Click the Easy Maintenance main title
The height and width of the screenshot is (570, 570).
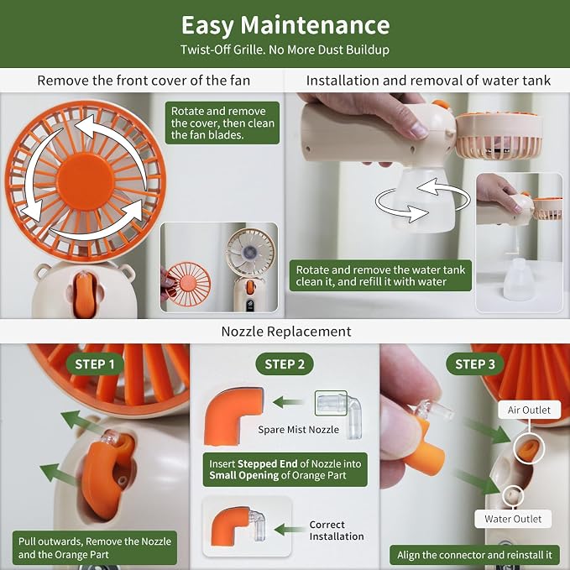[x=285, y=25]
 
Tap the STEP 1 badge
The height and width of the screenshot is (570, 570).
[x=95, y=363]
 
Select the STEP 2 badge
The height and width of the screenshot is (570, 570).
[x=285, y=363]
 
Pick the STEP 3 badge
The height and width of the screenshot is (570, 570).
[x=475, y=363]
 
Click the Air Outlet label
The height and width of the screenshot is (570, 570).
[x=529, y=410]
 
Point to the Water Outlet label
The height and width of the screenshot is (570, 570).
[x=513, y=519]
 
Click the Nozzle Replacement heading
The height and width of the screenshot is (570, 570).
[x=286, y=332]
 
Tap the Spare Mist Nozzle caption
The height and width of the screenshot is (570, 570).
[x=299, y=430]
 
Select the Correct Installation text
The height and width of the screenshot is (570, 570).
[x=337, y=531]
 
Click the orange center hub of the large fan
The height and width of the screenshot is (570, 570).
[x=86, y=182]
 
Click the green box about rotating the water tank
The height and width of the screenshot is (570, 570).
[x=380, y=275]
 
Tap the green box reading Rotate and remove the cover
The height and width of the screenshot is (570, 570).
[x=222, y=123]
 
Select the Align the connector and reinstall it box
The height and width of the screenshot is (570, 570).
[x=474, y=555]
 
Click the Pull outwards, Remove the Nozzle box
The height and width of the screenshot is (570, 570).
[x=95, y=548]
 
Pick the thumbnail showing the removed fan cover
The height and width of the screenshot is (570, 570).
[x=219, y=268]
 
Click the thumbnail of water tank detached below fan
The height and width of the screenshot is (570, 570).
[x=520, y=243]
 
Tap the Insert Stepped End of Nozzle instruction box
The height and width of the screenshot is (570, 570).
[x=285, y=469]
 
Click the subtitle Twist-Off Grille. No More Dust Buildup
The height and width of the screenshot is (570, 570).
[x=285, y=50]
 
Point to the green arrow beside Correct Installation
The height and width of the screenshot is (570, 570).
[x=290, y=529]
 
